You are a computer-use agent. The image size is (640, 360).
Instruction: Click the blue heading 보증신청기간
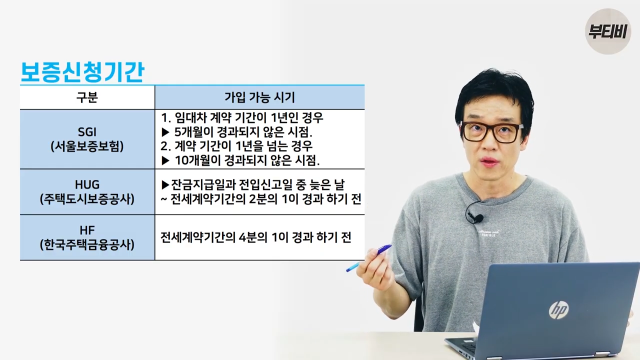82,72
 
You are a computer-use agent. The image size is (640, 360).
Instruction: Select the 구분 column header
87,97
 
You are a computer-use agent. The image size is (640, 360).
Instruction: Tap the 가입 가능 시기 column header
259,97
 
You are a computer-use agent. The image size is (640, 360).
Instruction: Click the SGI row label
87,132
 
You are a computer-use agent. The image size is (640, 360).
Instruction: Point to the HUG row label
87,184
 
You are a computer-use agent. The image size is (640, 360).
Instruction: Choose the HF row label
87,230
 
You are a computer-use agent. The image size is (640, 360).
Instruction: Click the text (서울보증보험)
87,146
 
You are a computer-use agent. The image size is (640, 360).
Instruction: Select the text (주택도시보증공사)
87,199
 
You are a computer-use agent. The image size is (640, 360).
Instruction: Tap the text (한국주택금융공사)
87,245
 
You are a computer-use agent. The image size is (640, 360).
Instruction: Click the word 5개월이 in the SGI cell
193,131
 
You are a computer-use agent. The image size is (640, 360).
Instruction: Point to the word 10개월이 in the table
197,160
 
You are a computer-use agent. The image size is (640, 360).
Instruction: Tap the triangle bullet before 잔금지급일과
165,184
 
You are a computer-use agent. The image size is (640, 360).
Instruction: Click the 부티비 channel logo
607,31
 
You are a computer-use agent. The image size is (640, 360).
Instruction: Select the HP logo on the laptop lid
559,310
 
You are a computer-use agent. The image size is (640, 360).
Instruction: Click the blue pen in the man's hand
368,258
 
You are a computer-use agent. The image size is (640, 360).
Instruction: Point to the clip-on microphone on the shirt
477,218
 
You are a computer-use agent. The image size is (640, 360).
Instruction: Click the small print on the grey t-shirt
489,233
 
